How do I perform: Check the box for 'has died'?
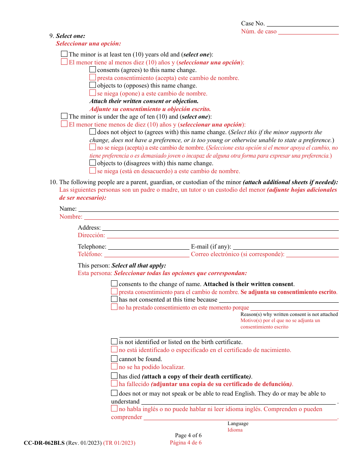click(114, 376)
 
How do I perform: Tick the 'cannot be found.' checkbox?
click(114, 358)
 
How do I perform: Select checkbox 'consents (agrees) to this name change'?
click(92, 70)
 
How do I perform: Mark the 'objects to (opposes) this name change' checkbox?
click(92, 85)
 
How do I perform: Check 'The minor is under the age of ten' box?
click(64, 116)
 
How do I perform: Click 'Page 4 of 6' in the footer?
click(188, 435)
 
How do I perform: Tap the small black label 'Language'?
click(238, 424)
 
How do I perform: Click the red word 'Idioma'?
click(235, 430)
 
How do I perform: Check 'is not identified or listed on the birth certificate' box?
click(114, 341)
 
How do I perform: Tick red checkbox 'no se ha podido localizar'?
click(114, 366)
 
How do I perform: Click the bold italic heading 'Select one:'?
click(70, 36)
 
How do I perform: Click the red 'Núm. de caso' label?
click(259, 31)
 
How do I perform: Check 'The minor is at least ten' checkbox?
click(64, 54)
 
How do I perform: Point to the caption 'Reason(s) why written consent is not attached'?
click(289, 314)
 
